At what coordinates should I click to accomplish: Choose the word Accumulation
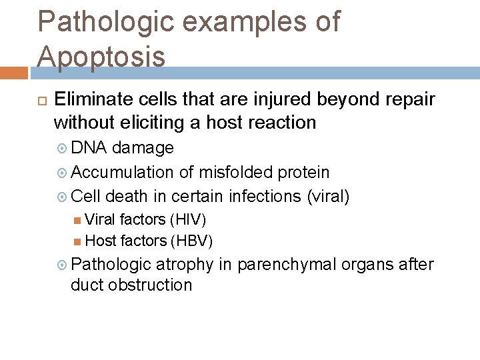[123, 172]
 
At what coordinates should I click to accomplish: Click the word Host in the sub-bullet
[100, 240]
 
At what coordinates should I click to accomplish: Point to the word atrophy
[184, 264]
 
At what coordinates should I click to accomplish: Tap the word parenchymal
[287, 264]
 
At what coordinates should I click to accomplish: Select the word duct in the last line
[87, 285]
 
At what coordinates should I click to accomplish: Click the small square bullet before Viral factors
[78, 220]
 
